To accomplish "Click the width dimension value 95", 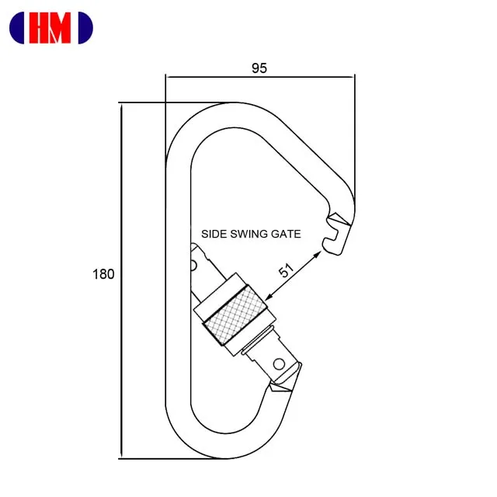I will (x=259, y=68).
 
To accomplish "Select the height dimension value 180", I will (x=103, y=274).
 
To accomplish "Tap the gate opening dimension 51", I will (x=287, y=271).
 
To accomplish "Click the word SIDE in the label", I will (x=214, y=233).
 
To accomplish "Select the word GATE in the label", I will (x=285, y=233).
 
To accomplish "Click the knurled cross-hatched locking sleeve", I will (x=239, y=318).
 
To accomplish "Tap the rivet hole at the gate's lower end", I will (x=278, y=363).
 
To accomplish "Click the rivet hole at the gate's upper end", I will (x=192, y=264).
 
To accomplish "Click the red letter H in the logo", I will (x=40, y=28).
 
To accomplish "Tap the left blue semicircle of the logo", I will (x=17, y=28).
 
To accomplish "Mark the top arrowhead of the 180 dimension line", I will (x=121, y=106).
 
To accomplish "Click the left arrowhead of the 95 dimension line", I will (x=169, y=76).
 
